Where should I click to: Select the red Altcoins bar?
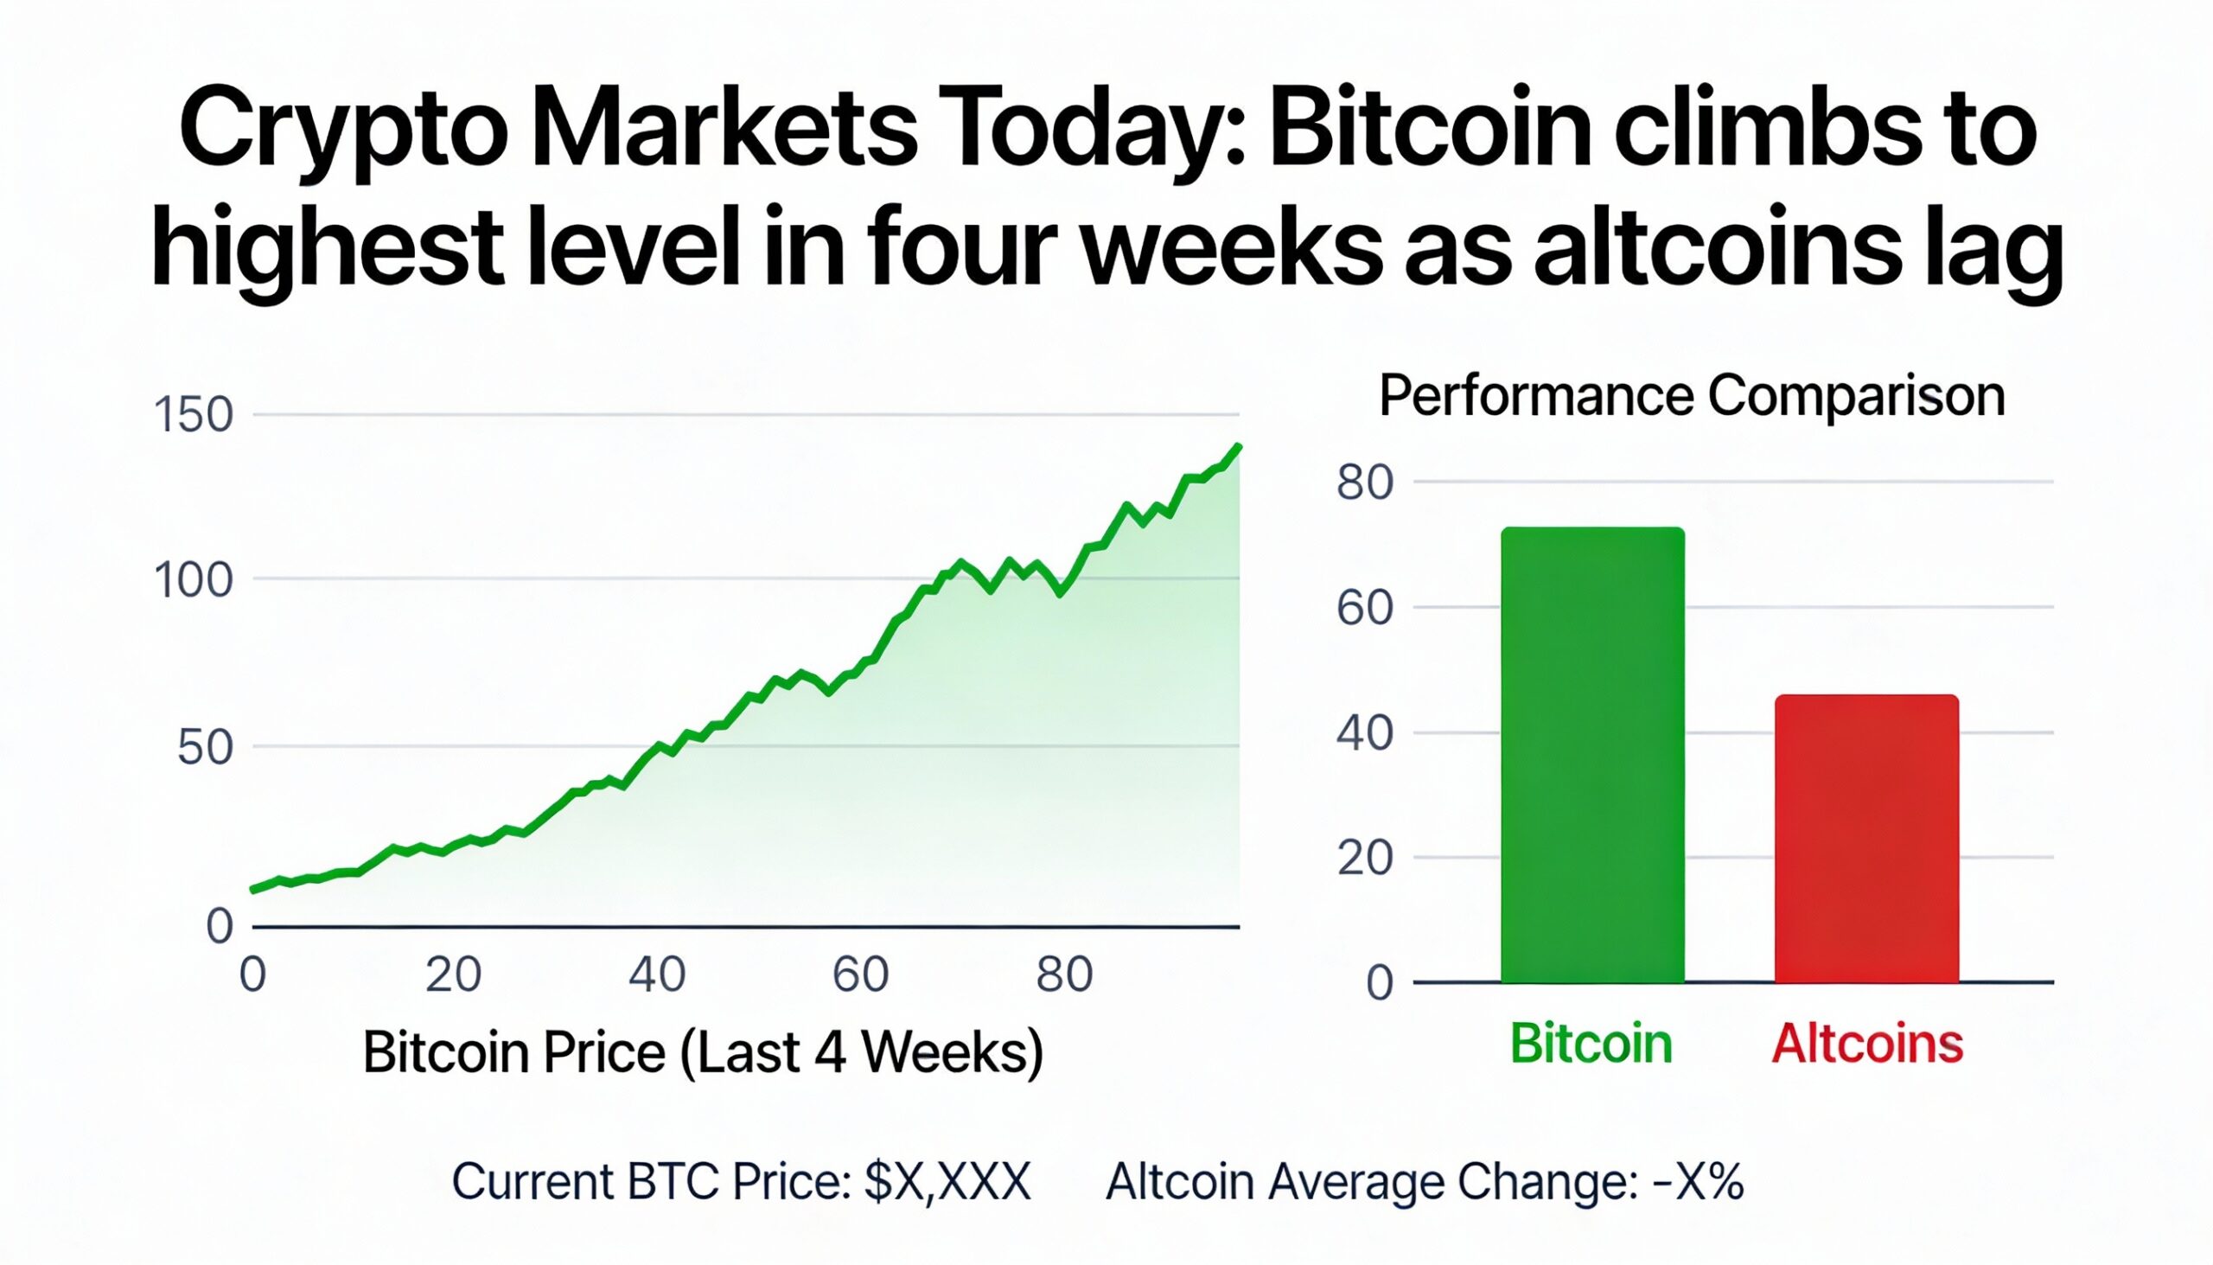[1866, 839]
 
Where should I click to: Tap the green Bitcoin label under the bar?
[1591, 1043]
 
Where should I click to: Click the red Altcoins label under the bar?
[1867, 1043]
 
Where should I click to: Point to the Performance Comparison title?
[1692, 396]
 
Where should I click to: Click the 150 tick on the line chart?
[193, 415]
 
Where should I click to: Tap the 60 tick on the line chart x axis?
[860, 974]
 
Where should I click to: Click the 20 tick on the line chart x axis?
[453, 974]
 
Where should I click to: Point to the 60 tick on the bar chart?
[1364, 608]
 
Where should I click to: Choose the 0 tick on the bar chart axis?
[1379, 983]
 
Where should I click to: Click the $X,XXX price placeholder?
[947, 1183]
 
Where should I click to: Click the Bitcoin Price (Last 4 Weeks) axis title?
[703, 1053]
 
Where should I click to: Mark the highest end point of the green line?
[1238, 446]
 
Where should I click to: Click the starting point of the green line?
[252, 889]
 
